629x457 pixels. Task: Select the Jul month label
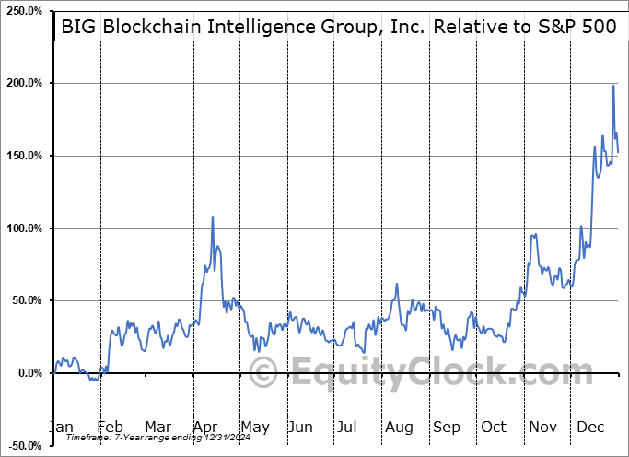click(348, 427)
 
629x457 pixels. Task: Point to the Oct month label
click(494, 427)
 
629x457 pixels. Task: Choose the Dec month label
click(589, 427)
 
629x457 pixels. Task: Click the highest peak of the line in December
click(613, 86)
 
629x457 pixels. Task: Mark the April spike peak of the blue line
click(213, 217)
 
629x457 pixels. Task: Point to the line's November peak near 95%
click(534, 235)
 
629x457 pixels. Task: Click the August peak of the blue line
click(396, 284)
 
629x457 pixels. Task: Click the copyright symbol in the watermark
click(264, 372)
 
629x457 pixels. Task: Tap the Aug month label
click(400, 427)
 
